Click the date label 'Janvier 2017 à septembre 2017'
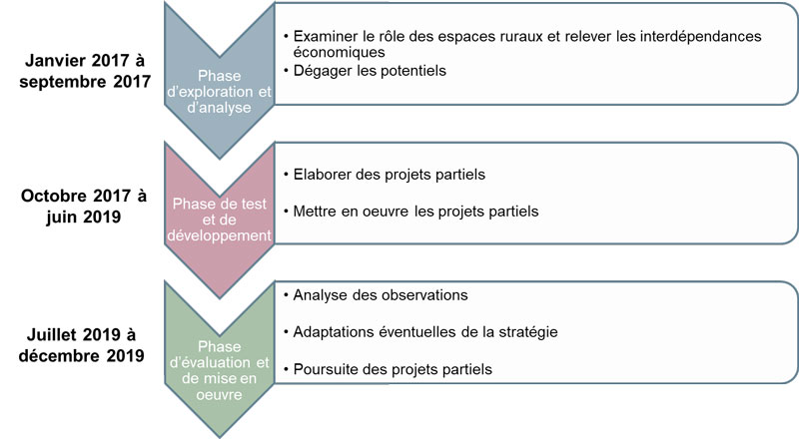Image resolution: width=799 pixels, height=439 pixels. coord(85,71)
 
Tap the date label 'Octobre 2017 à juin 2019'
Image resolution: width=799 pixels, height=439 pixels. coord(84,207)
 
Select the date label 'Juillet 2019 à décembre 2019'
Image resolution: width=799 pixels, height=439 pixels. coord(82,345)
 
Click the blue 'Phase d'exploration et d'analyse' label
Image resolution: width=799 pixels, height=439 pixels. coord(219,92)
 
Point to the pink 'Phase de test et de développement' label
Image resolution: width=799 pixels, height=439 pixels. coord(219,219)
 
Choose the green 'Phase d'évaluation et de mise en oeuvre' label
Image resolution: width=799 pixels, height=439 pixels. coord(219,370)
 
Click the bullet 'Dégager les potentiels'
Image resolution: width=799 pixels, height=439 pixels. coord(370,70)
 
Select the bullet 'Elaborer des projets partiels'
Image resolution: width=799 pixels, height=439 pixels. coord(389,175)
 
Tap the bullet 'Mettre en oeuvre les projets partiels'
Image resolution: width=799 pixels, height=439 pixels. coord(415,211)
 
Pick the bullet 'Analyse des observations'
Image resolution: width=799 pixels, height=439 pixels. coord(381,295)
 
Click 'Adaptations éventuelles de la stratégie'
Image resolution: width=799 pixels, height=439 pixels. coord(425,332)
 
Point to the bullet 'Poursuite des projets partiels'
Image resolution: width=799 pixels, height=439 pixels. coord(393,369)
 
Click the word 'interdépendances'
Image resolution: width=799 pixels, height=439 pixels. coord(701,36)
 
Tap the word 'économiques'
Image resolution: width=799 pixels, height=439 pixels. coord(339,52)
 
